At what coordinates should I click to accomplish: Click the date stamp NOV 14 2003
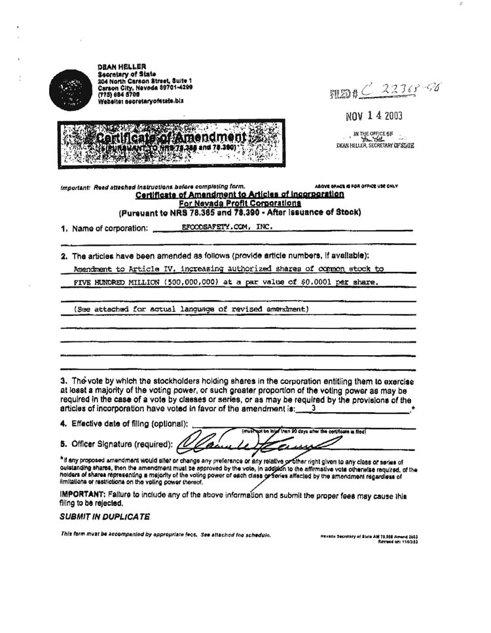(x=374, y=117)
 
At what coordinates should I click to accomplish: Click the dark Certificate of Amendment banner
(x=172, y=142)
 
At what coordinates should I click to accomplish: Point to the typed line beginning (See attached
(x=191, y=309)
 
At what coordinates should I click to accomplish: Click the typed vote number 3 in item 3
(x=314, y=408)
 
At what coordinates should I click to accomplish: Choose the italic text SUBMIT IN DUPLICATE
(x=104, y=517)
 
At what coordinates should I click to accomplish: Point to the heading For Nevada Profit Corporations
(x=239, y=203)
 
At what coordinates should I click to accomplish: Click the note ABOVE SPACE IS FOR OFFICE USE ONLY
(x=356, y=186)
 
